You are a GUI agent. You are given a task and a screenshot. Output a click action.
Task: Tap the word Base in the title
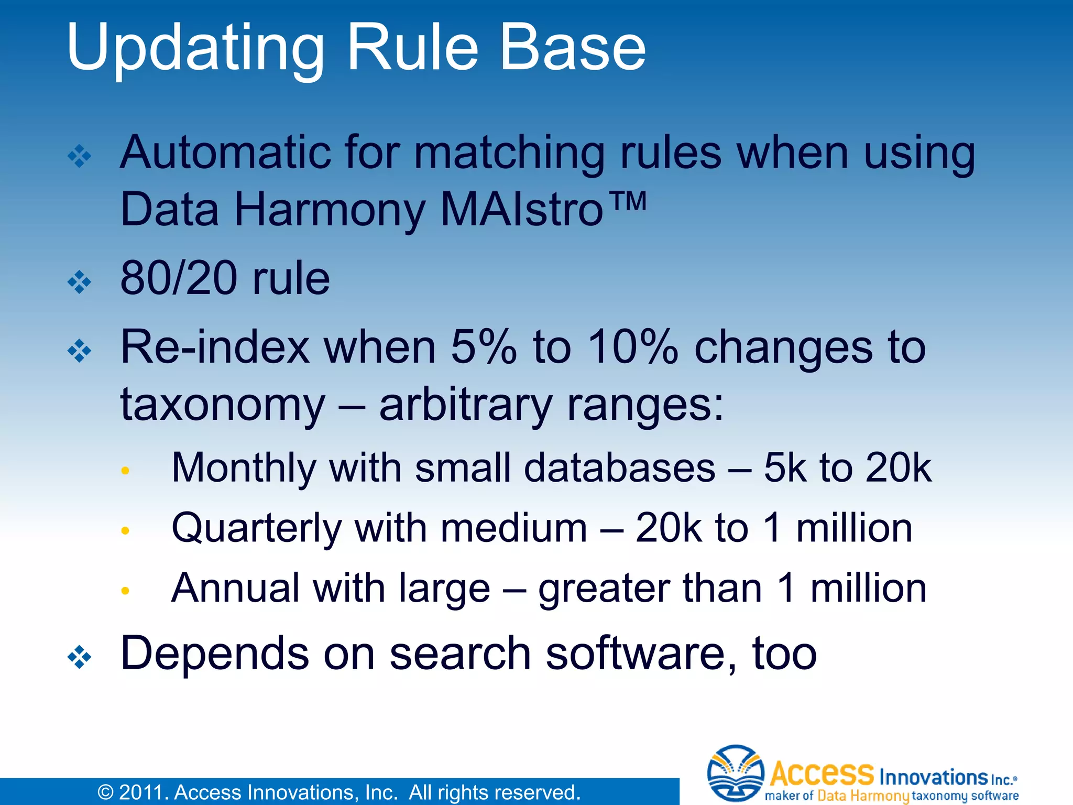(x=572, y=48)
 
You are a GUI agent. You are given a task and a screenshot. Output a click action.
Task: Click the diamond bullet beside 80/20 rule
(x=80, y=282)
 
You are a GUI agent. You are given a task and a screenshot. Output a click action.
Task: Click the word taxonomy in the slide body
(x=223, y=405)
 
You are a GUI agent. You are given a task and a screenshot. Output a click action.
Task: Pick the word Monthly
(x=244, y=467)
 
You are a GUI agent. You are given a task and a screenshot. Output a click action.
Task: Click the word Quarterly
(x=257, y=528)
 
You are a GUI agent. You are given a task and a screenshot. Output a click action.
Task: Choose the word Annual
(x=235, y=588)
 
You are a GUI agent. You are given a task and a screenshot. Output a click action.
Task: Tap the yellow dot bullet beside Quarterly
(x=125, y=531)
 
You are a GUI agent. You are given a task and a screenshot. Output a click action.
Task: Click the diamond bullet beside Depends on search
(x=80, y=657)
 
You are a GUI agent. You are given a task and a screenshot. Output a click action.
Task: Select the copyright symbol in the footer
(x=106, y=792)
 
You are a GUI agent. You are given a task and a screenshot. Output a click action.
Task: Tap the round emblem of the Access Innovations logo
(x=736, y=773)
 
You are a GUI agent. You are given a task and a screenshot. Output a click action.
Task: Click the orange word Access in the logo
(x=822, y=774)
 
